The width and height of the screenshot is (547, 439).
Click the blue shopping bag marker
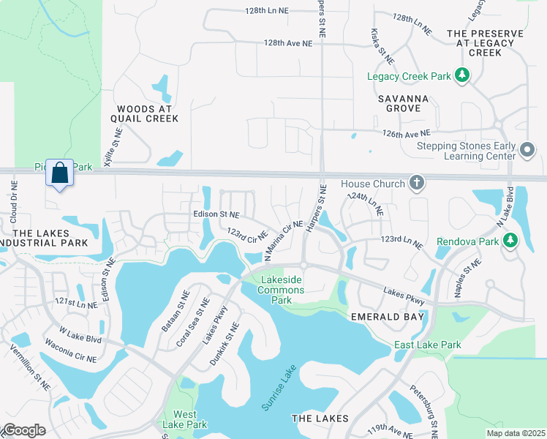pos(60,174)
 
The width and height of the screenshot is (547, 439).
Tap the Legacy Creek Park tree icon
pos(461,74)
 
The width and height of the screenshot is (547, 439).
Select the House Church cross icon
pos(417,182)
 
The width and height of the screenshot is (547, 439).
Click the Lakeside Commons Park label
pos(280,285)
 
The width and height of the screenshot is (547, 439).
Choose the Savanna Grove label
pos(399,103)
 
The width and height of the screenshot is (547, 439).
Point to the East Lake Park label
pos(428,345)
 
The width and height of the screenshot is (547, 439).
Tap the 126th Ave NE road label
pos(409,134)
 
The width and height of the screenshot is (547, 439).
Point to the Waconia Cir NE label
pos(77,356)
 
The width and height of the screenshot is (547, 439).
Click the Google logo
pos(23,430)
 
